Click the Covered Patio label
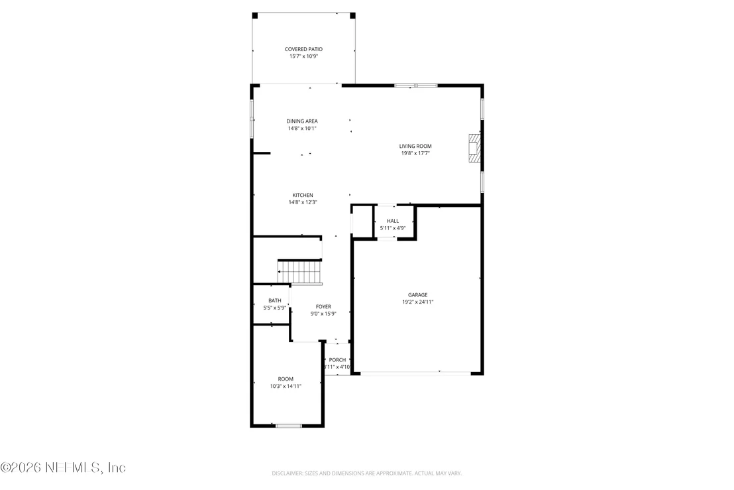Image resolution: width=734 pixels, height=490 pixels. coord(303,49)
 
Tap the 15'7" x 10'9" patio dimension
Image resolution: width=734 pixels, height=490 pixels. coord(303,56)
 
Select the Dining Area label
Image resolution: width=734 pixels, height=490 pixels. coord(302,121)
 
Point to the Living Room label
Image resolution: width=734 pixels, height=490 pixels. coord(415,146)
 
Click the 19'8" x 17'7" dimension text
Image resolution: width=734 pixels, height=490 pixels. coord(415,153)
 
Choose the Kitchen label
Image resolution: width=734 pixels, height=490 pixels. coord(303,196)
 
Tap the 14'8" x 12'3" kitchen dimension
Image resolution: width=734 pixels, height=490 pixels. coord(303,202)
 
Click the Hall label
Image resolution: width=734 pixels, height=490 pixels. coord(393,221)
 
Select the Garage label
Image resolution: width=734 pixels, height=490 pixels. coord(417,295)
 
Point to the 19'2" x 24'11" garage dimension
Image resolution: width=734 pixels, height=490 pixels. coord(417,302)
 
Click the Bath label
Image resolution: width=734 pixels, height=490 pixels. coord(275,301)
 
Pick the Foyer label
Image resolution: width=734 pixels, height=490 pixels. coord(323,307)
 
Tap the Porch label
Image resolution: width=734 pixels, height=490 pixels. coord(337,360)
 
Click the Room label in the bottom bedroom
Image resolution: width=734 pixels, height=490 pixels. coord(286,379)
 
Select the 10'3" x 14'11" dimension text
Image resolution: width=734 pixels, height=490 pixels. coord(286,387)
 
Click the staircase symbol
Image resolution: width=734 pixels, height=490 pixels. coord(299,272)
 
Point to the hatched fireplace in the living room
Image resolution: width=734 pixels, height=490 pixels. coord(475,148)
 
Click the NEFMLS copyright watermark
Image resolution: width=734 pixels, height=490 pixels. coord(63,467)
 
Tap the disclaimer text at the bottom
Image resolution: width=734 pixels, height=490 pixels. coord(367,473)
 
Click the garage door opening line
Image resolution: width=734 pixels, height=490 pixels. coord(415,373)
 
